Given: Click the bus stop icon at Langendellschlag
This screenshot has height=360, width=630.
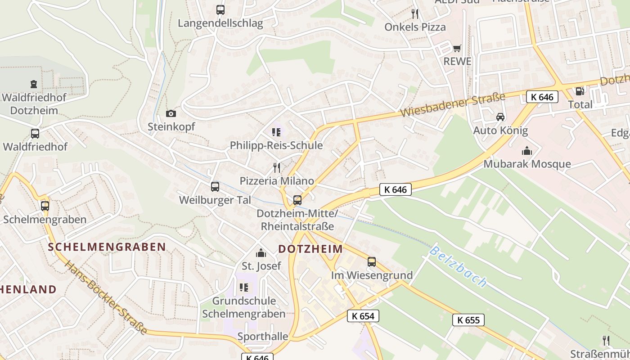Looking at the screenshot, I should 220,9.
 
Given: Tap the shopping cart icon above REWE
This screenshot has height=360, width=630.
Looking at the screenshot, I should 457,48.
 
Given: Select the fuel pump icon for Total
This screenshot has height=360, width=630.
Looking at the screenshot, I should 580,91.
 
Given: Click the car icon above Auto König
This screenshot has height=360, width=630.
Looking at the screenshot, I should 500,117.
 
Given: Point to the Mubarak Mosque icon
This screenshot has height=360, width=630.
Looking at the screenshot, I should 526,151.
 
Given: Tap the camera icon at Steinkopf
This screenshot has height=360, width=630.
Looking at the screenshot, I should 171,113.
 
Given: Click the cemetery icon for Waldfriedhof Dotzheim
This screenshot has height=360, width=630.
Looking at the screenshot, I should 33,84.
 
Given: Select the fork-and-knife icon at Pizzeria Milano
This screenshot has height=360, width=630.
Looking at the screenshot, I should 276,168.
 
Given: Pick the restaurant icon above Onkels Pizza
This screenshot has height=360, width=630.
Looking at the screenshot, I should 414,14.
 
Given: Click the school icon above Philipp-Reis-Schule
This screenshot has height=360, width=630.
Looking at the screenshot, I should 276,132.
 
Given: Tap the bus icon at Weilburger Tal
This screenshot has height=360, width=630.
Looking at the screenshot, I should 215,186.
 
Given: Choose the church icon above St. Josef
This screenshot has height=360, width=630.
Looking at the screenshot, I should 261,253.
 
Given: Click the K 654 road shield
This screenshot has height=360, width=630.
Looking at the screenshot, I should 363,316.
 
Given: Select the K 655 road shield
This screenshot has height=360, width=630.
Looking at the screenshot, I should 468,320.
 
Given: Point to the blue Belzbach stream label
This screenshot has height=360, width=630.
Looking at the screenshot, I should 458,266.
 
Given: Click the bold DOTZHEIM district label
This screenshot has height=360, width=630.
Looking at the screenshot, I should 310,249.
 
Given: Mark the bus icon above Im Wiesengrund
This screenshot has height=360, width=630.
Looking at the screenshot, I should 372,262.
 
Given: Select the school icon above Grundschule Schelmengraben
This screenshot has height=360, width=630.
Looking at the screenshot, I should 244,287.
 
